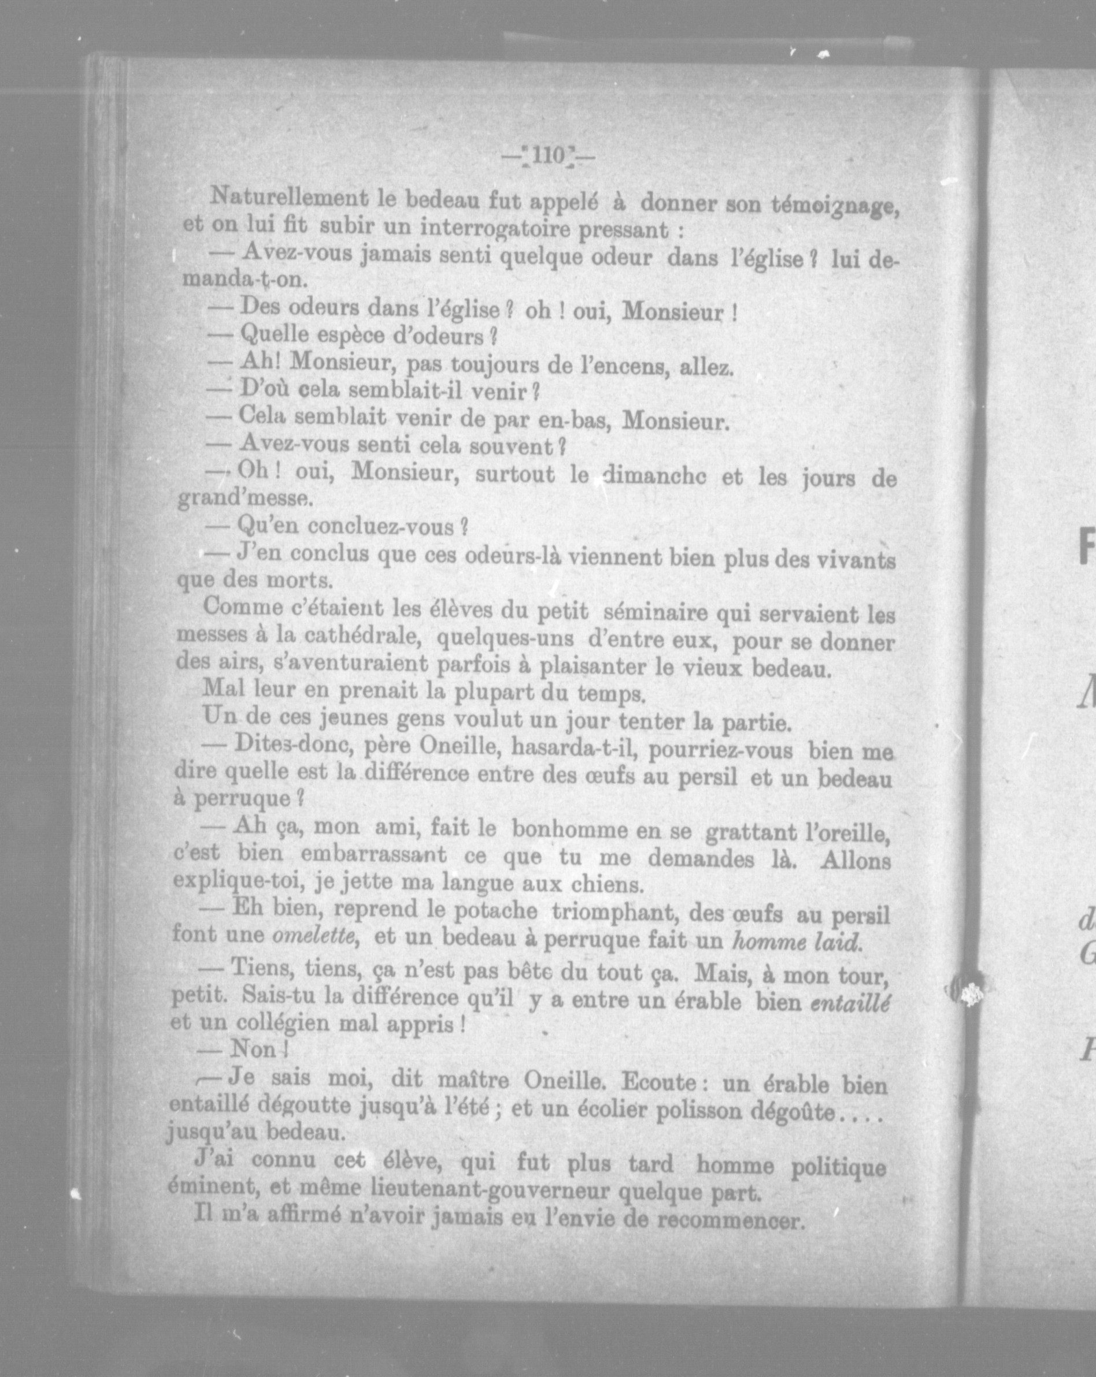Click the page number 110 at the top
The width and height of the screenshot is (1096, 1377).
(x=547, y=155)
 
